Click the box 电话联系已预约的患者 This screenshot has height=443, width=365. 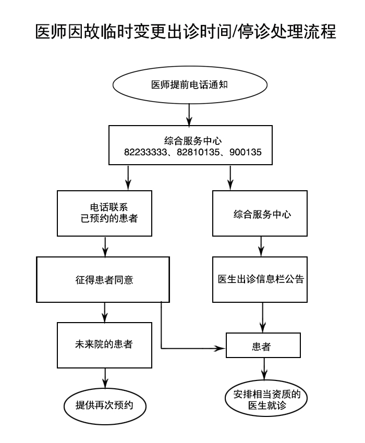pyautogui.click(x=105, y=214)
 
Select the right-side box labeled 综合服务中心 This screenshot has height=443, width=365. pyautogui.click(x=262, y=214)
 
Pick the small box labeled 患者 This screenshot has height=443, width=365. pyautogui.click(x=263, y=346)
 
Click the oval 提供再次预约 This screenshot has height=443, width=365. pyautogui.click(x=104, y=404)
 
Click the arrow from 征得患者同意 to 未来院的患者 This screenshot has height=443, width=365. pyautogui.click(x=106, y=312)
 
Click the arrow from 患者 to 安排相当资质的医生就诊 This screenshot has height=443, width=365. pyautogui.click(x=264, y=369)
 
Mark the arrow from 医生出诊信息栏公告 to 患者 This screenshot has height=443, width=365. pyautogui.click(x=262, y=317)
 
